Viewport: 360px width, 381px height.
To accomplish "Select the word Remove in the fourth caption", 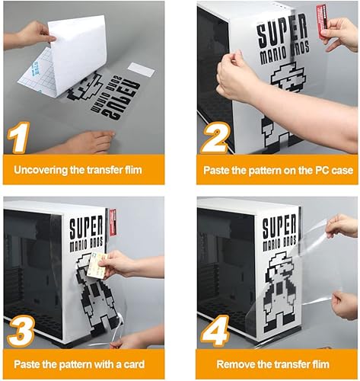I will point(234,364).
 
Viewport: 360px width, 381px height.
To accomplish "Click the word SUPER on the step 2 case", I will point(282,35).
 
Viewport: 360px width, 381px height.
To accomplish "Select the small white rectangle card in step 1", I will point(141,69).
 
